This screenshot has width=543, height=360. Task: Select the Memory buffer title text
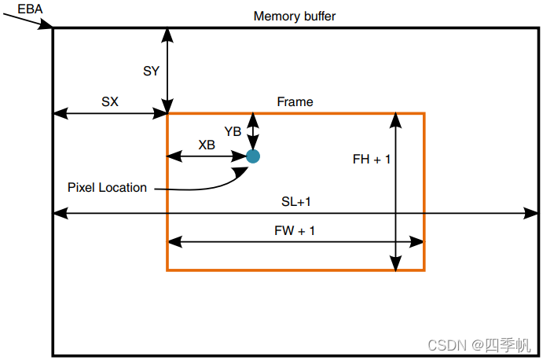pyautogui.click(x=295, y=17)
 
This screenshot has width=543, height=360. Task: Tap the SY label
pyautogui.click(x=151, y=71)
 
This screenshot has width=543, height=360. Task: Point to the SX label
pyautogui.click(x=110, y=101)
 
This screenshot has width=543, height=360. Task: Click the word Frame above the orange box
pyautogui.click(x=295, y=102)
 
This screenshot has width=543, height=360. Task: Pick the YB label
pyautogui.click(x=233, y=131)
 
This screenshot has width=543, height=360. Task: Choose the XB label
pyautogui.click(x=207, y=145)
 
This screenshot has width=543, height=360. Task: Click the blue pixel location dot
pyautogui.click(x=253, y=156)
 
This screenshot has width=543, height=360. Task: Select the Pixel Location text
pyautogui.click(x=107, y=187)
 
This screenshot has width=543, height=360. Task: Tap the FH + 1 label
pyautogui.click(x=372, y=159)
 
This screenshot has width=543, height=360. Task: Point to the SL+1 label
pyautogui.click(x=296, y=201)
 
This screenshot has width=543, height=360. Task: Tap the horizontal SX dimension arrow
pyautogui.click(x=110, y=114)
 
